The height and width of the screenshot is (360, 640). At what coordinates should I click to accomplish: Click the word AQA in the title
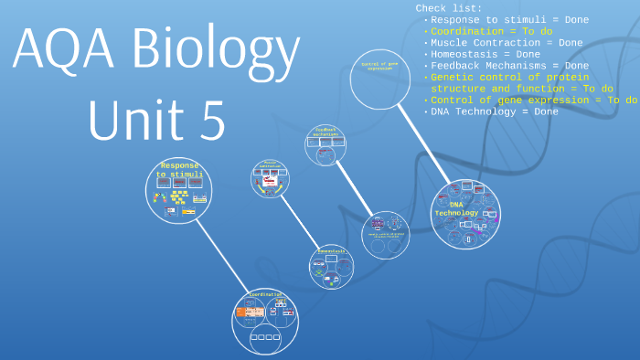(x=63, y=49)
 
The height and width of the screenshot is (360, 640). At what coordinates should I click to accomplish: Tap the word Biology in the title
(x=216, y=53)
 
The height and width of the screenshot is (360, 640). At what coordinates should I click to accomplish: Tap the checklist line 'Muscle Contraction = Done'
(x=507, y=42)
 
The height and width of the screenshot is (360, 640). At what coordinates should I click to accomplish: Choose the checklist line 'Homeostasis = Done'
(x=489, y=54)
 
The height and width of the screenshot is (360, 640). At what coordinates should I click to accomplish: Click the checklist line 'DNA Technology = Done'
(x=494, y=111)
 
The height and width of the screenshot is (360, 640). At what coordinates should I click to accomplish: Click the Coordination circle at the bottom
(x=265, y=321)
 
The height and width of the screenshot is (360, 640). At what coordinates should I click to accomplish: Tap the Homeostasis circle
(x=331, y=266)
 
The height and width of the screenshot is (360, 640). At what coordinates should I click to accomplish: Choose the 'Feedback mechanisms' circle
(x=325, y=145)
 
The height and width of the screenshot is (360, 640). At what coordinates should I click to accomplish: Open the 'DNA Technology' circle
(x=465, y=214)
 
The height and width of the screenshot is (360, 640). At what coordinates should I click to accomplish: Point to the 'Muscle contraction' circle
(x=271, y=179)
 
